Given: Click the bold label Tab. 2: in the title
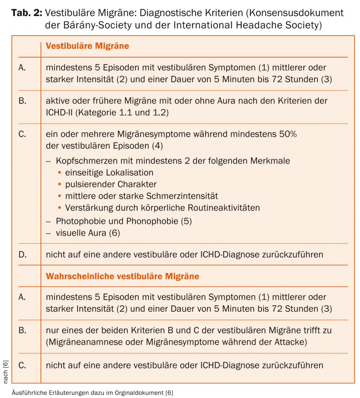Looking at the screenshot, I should (x=27, y=13).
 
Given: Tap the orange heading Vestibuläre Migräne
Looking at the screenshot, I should (x=87, y=46).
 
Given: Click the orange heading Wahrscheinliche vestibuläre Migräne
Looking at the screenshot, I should (x=122, y=276).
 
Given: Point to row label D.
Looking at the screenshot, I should (x=23, y=255).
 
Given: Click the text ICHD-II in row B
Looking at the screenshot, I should (x=60, y=113).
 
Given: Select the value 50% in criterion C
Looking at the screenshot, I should (x=288, y=134).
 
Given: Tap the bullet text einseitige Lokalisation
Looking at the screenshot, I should (x=109, y=173).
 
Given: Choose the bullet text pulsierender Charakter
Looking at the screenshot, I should (x=111, y=184).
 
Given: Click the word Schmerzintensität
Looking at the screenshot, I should (x=182, y=196).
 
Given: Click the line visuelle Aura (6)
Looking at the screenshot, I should (x=88, y=233).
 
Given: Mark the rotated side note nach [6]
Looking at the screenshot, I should (x=6, y=372).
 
